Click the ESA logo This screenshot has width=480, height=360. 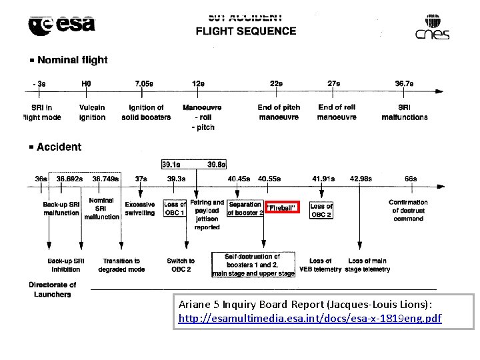(x=62, y=25)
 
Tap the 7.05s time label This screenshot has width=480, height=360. (x=144, y=84)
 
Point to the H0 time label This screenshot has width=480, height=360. (x=86, y=84)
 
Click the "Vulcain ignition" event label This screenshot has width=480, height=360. (x=92, y=113)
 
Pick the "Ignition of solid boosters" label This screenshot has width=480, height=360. (x=146, y=113)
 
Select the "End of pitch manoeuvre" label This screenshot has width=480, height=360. (x=279, y=113)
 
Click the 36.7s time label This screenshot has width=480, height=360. (x=404, y=84)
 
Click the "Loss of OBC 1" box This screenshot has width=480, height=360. (x=175, y=209)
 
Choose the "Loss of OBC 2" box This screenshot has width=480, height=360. (x=321, y=211)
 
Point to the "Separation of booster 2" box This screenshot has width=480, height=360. (x=245, y=209)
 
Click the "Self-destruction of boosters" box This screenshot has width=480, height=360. (x=253, y=265)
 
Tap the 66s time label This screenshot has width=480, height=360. (x=411, y=179)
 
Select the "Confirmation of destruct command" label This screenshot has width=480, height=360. (x=408, y=210)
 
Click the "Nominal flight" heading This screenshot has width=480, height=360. (x=72, y=60)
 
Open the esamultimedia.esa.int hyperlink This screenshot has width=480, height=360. (x=310, y=319)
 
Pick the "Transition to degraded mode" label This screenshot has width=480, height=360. (x=121, y=265)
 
